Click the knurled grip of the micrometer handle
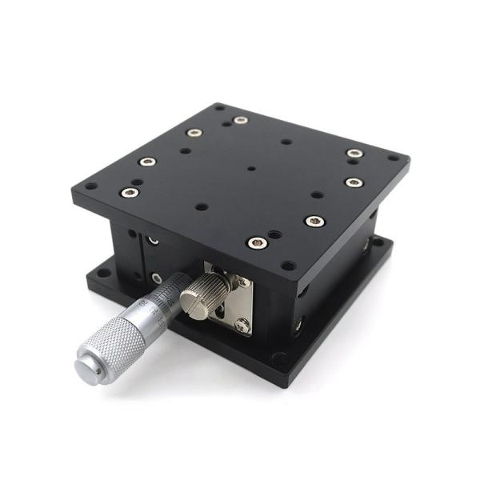pyautogui.click(x=112, y=344)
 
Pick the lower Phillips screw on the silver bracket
pyautogui.click(x=241, y=324)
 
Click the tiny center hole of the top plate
pyautogui.click(x=251, y=169)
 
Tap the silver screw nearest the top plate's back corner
pyautogui.click(x=240, y=120)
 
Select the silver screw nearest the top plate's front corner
pyautogui.click(x=255, y=241)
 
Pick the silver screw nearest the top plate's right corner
pyautogui.click(x=354, y=182)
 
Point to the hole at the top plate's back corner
pyautogui.click(x=218, y=107)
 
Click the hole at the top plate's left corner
pyautogui.click(x=90, y=186)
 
